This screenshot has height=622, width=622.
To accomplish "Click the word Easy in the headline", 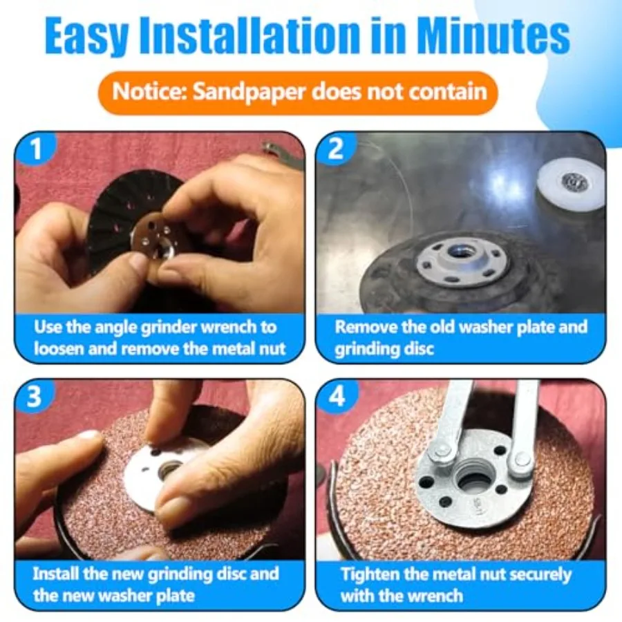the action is (86, 36).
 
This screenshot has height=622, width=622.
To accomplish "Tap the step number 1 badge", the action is (36, 149).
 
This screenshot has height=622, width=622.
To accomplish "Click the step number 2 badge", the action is (336, 149).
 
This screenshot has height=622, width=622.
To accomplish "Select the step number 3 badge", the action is (35, 396).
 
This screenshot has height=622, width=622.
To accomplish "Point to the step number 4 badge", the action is (337, 396).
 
